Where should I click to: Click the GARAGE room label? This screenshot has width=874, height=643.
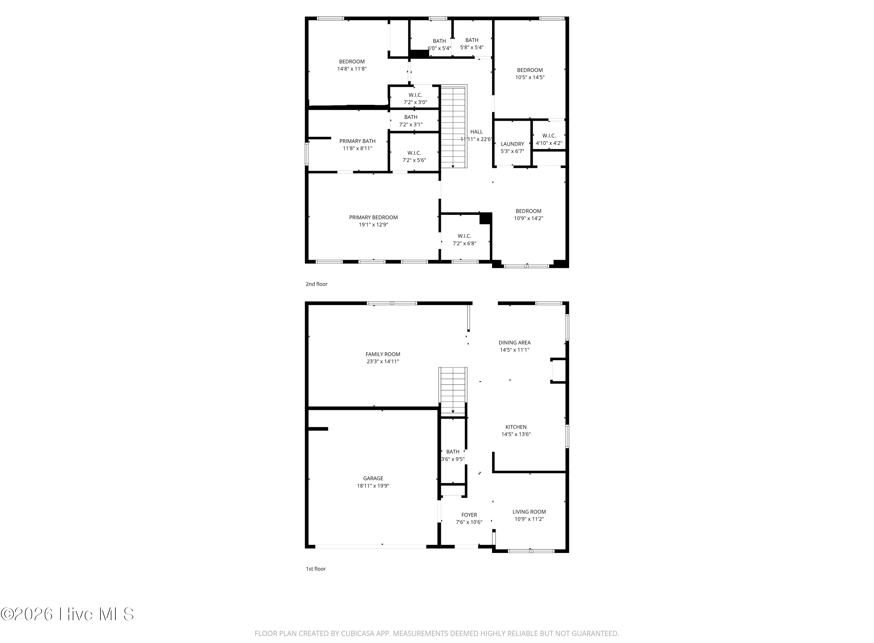pos(373,478)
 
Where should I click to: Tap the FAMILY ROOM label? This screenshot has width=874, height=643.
pos(383,354)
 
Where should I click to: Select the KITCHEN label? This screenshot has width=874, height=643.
pos(516,427)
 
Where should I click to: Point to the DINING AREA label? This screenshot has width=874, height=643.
pos(514,342)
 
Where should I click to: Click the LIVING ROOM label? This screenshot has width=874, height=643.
pos(529,512)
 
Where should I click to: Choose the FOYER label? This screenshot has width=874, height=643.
pos(469,515)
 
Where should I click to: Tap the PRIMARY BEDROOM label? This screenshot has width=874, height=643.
pos(373,217)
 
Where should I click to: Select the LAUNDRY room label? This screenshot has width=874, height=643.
pos(512,144)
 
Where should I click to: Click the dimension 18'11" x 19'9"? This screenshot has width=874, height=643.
pos(373,486)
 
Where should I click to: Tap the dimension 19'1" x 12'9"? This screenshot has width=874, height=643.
pos(373,224)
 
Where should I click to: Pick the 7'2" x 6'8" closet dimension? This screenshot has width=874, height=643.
pos(464,244)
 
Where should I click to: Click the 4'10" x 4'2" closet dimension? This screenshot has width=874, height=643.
pos(549,143)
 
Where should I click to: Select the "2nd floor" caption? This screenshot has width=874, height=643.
pos(317,284)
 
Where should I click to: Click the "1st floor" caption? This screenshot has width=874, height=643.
pos(316,569)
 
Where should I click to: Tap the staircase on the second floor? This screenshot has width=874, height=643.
pos(454,127)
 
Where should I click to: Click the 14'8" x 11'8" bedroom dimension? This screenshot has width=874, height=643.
pos(352,69)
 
